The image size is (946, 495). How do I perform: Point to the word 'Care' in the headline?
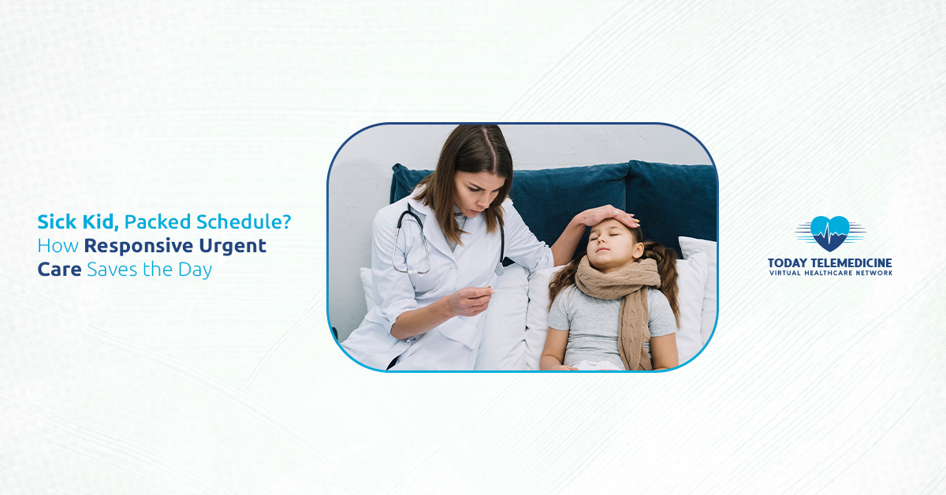pos(59,270)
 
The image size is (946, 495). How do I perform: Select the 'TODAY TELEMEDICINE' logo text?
pos(829,262)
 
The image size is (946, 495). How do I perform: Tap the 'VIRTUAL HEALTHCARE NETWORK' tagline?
pos(829,273)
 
